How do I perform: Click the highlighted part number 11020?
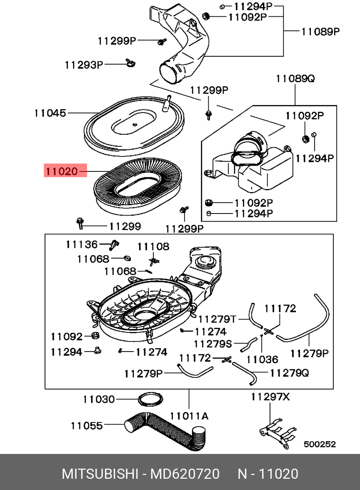point(61,171)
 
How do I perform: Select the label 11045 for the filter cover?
point(50,113)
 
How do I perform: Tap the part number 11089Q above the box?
point(295,78)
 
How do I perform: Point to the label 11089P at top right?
point(320,31)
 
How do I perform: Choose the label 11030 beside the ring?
point(98,399)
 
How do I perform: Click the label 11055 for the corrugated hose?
point(86,425)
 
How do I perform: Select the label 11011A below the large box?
point(189,416)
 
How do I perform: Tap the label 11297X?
point(270,397)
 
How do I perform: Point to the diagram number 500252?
point(320,445)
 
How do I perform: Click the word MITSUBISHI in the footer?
point(100,474)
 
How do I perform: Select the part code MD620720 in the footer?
point(185,474)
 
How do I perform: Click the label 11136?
point(81,244)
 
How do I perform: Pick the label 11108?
point(154,247)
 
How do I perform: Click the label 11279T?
point(217,319)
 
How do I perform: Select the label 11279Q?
point(290,372)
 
